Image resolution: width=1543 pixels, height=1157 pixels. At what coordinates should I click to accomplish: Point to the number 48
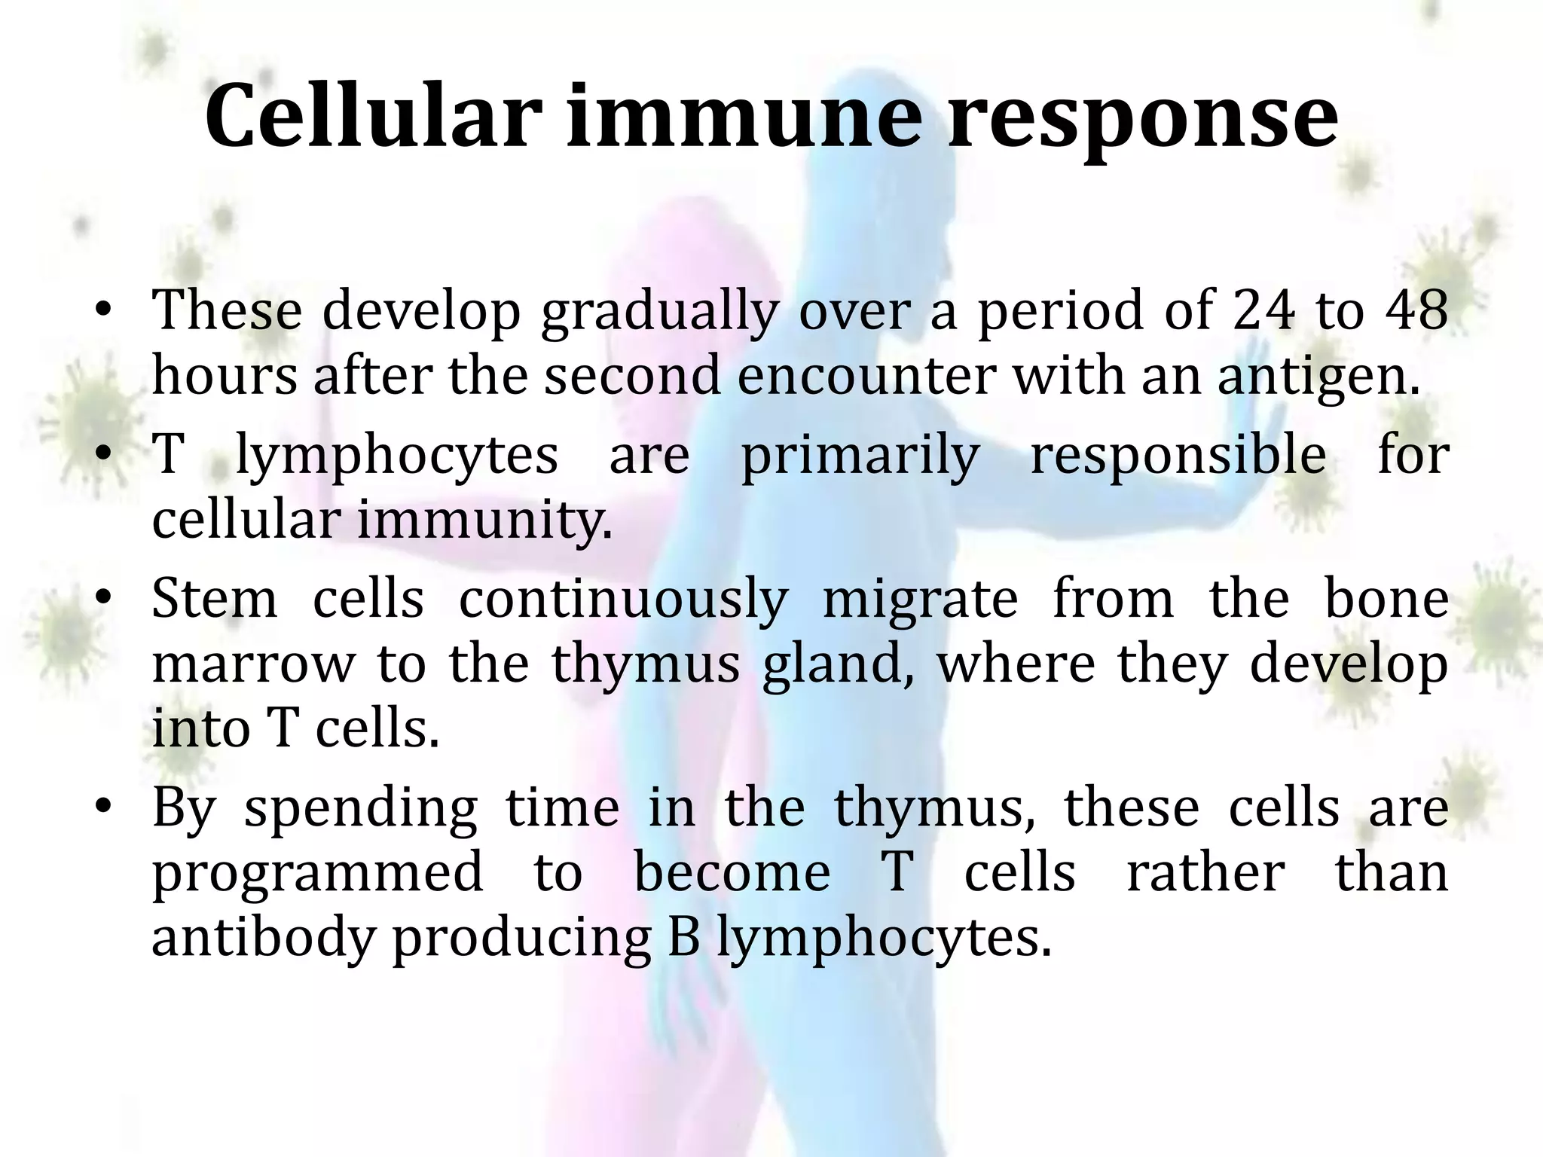tap(1416, 310)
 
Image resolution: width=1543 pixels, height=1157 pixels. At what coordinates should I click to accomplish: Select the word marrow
tap(253, 664)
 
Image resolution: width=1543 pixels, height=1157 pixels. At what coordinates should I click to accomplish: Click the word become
tap(732, 873)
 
